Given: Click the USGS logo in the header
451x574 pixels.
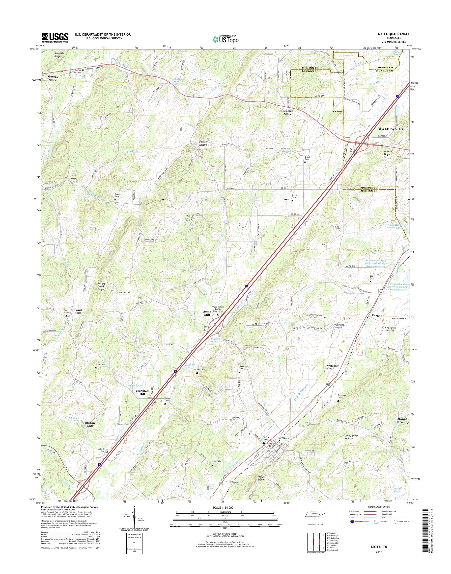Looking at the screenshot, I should (x=55, y=38).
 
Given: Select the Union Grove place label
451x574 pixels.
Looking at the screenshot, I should (x=203, y=143).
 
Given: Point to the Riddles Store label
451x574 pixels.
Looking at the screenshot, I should (x=287, y=113).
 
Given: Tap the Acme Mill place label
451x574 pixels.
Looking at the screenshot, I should (x=206, y=313).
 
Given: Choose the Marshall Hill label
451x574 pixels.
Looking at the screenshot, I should (x=142, y=392).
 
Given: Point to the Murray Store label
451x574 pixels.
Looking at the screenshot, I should (x=52, y=78).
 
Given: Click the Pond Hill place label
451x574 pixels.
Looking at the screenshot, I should (x=78, y=311).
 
